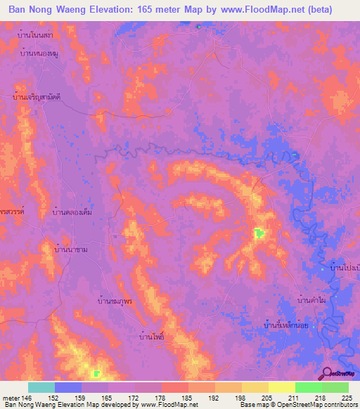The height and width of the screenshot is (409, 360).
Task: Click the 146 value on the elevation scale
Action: tap(28, 398)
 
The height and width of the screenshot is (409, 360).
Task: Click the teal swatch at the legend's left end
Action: tap(41, 387)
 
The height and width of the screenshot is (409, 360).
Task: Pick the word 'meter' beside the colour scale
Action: tap(11, 398)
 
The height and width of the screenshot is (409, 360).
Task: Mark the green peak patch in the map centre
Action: tap(259, 233)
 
